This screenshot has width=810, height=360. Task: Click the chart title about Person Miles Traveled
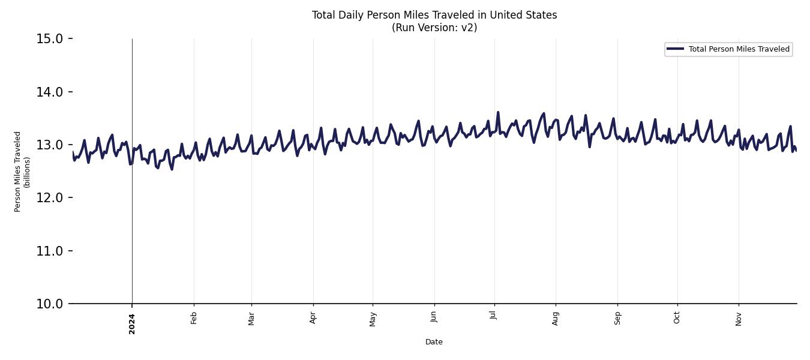pos(434,15)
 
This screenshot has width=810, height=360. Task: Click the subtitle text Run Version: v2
pos(434,28)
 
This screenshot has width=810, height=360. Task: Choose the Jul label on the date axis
pos(494,316)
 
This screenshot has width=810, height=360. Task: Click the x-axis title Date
pos(434,342)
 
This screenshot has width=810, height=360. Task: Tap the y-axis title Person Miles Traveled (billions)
pos(22,172)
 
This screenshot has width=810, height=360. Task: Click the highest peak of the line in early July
pos(497,112)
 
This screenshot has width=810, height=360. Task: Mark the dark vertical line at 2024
pos(132,228)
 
